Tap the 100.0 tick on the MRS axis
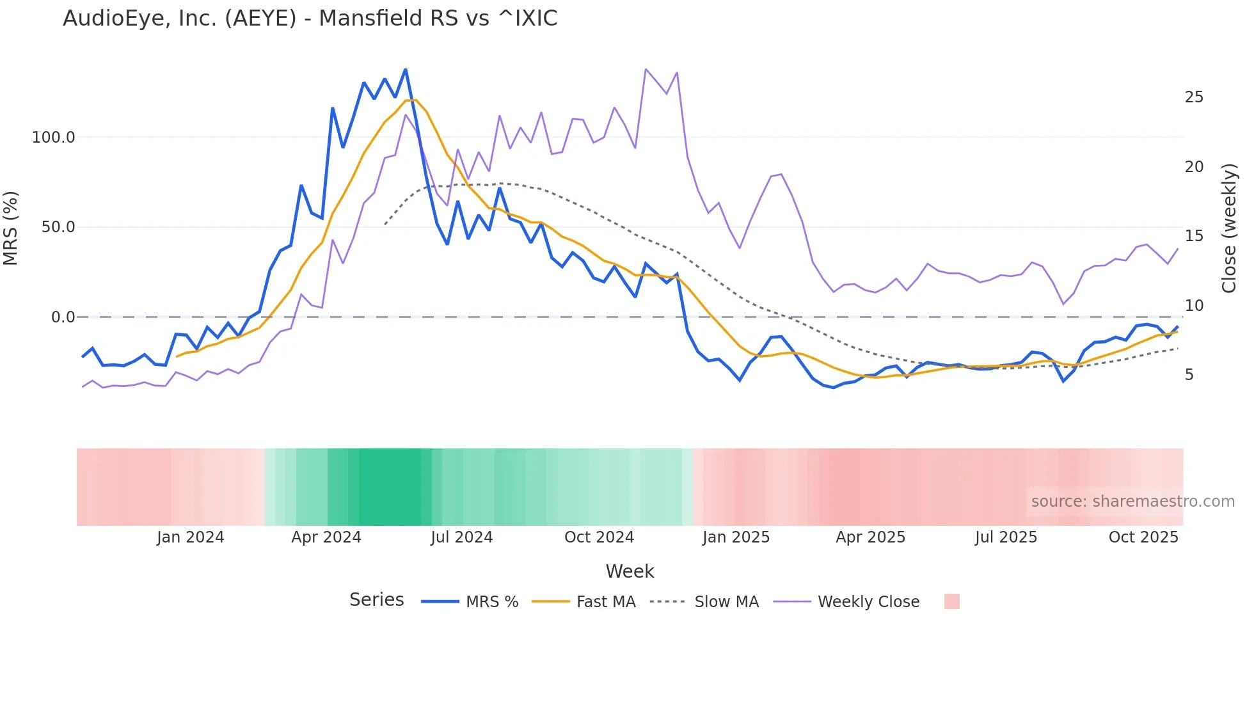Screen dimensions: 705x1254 [54, 138]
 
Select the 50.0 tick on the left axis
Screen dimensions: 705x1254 [58, 227]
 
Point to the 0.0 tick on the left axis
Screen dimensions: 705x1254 [63, 317]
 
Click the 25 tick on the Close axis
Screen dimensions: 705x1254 [1194, 97]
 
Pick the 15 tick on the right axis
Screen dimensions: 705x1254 [1194, 236]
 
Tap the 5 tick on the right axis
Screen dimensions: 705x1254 [1189, 375]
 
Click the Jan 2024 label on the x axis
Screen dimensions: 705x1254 [190, 537]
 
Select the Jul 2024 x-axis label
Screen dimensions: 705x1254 [461, 537]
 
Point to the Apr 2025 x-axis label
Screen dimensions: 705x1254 [870, 537]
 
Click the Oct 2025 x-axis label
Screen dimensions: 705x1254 [1143, 537]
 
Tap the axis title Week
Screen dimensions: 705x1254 [630, 571]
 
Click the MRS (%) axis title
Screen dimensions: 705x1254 [11, 228]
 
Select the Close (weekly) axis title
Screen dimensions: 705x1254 [1229, 228]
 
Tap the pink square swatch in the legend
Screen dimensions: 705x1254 [951, 601]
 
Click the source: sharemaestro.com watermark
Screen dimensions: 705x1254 [1132, 502]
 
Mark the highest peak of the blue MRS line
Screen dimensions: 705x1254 [406, 70]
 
